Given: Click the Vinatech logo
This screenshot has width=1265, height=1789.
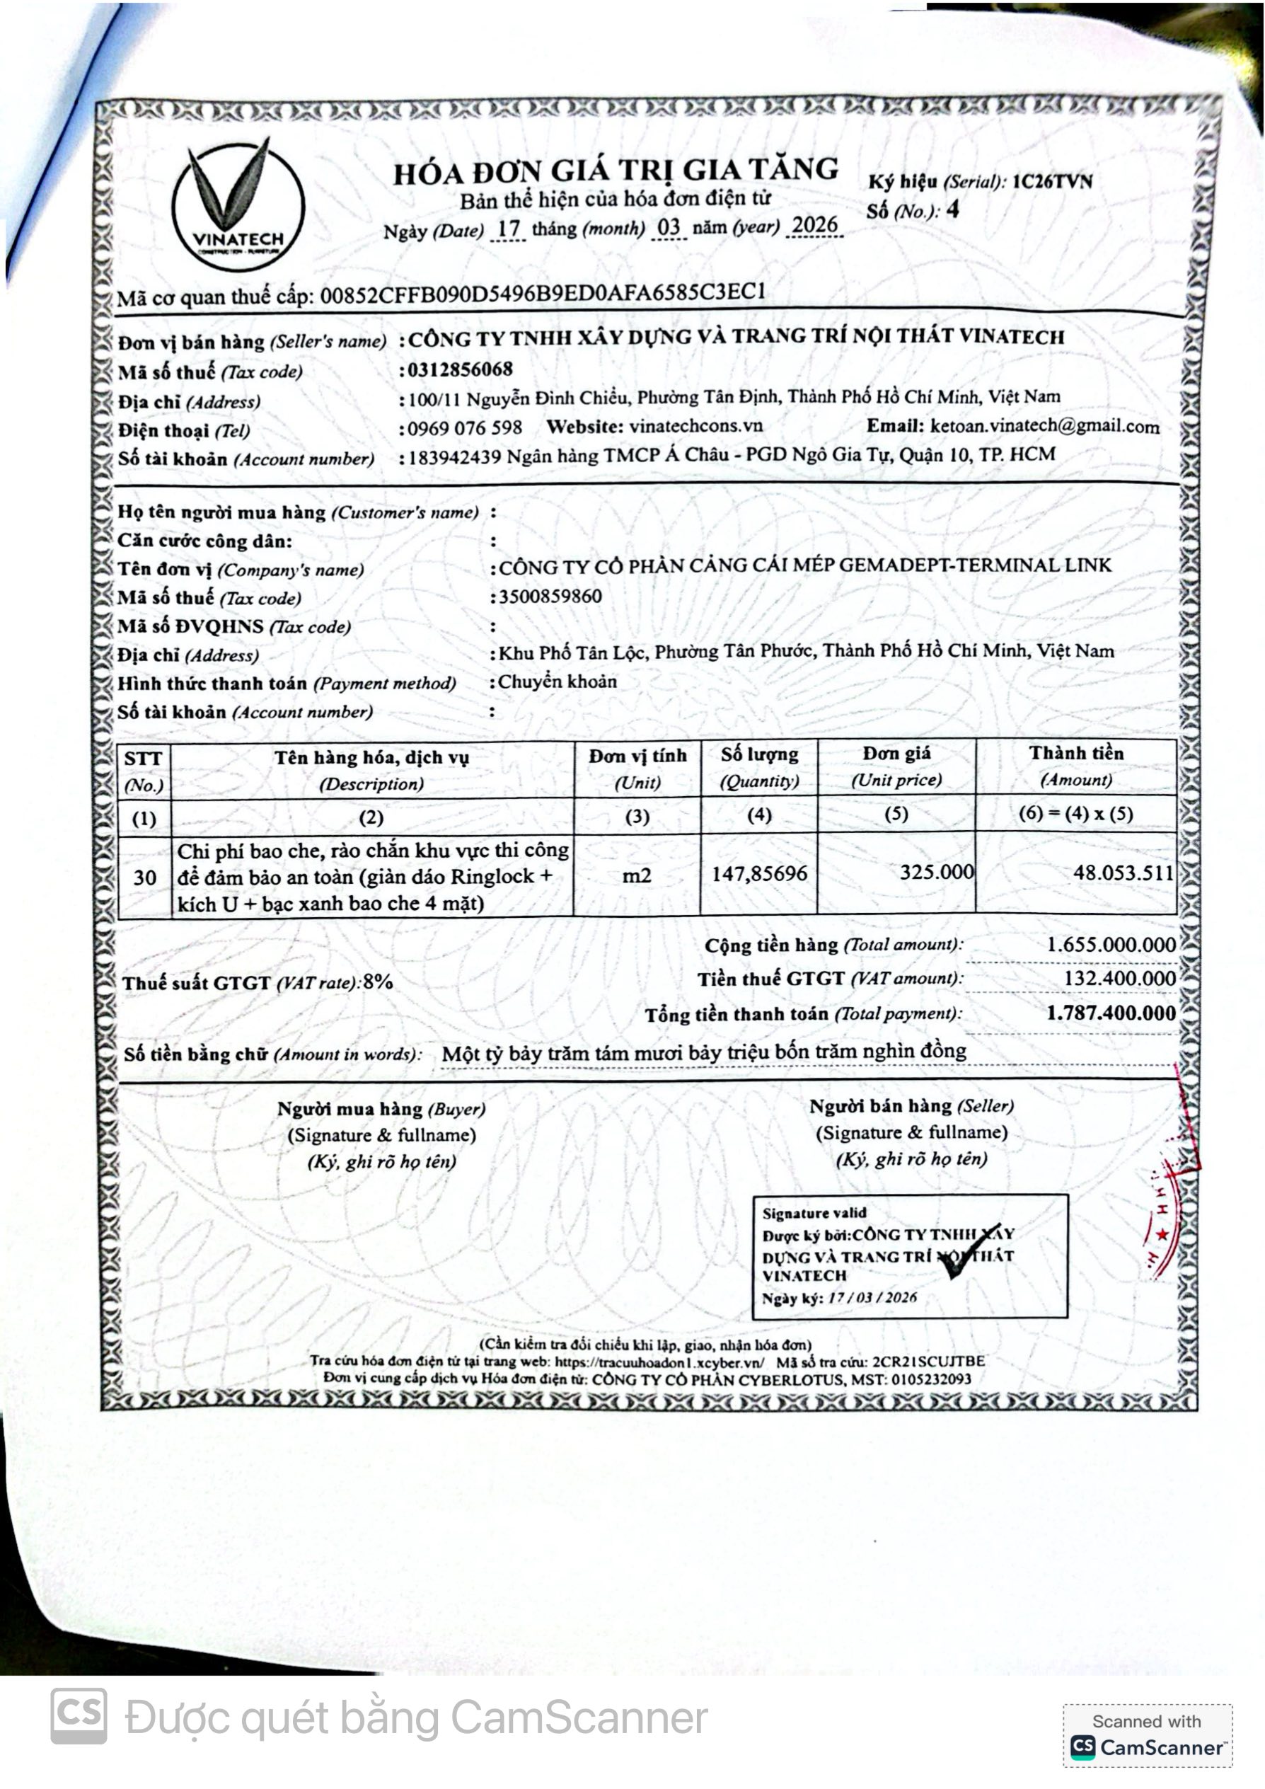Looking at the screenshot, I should (x=238, y=204).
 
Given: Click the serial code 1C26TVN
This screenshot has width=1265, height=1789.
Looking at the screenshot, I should (x=1051, y=182).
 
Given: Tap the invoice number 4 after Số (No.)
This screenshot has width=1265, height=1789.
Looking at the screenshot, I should (x=952, y=209).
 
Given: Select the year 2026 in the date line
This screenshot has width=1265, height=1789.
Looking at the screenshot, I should (x=814, y=225).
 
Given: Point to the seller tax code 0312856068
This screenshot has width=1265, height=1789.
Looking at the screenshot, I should (x=461, y=369).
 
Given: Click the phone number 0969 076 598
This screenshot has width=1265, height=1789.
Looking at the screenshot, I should (x=465, y=427).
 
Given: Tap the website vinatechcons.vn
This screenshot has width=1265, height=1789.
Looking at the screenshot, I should (x=695, y=426).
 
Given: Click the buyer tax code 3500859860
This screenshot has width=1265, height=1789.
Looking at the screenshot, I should (x=550, y=597).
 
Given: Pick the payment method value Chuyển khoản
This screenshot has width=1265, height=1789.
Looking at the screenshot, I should (x=558, y=681).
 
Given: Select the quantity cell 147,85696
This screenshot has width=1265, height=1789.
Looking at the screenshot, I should (x=758, y=873).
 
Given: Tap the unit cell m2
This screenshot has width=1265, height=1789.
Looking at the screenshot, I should (x=637, y=876).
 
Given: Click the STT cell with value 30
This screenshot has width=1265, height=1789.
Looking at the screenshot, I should (x=145, y=878).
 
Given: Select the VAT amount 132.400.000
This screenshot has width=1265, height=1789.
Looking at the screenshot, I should (x=1119, y=979).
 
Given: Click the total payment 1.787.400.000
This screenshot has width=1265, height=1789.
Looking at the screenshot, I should (x=1111, y=1013).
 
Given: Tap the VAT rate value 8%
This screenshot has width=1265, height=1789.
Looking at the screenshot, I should (x=378, y=982).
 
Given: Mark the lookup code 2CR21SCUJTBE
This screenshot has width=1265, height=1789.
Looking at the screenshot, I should (x=928, y=1362).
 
